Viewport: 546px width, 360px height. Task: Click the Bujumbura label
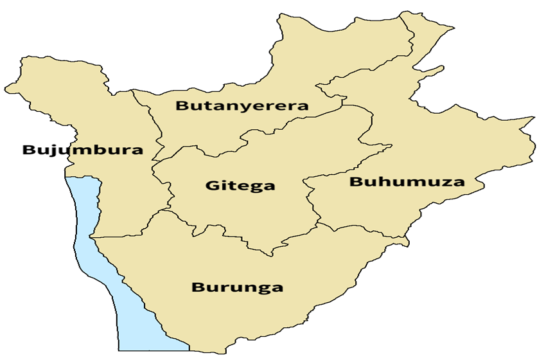pos(82,151)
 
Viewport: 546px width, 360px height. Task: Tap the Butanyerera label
pos(242,106)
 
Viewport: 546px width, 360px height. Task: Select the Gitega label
pos(240,186)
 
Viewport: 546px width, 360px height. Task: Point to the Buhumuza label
pos(407,182)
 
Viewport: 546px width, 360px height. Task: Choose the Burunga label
pos(237,287)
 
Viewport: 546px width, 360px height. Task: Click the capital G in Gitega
pos(213,186)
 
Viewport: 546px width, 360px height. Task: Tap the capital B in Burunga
pos(198,287)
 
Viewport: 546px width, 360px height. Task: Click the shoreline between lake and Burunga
pos(128,283)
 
